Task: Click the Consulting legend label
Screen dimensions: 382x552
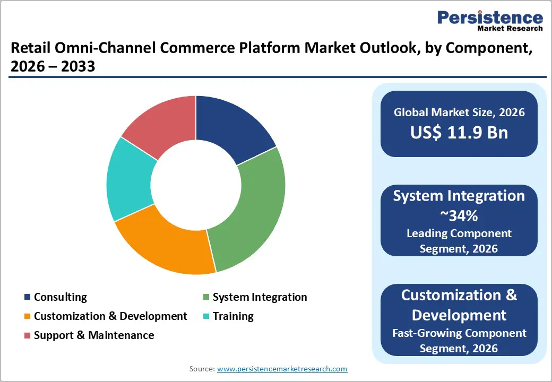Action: [60, 297]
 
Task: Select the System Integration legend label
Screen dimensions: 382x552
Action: [260, 297]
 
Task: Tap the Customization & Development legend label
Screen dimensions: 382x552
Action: [110, 316]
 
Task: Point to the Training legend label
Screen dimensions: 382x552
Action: [233, 316]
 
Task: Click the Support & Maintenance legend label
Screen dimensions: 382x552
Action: [94, 335]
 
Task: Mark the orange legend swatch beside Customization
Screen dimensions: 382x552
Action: [27, 317]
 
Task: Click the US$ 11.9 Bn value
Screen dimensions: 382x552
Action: [459, 133]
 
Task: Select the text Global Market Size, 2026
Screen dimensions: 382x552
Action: [459, 112]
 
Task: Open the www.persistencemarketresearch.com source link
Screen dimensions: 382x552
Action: [282, 369]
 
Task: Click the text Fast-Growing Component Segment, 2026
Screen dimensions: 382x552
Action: [459, 341]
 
